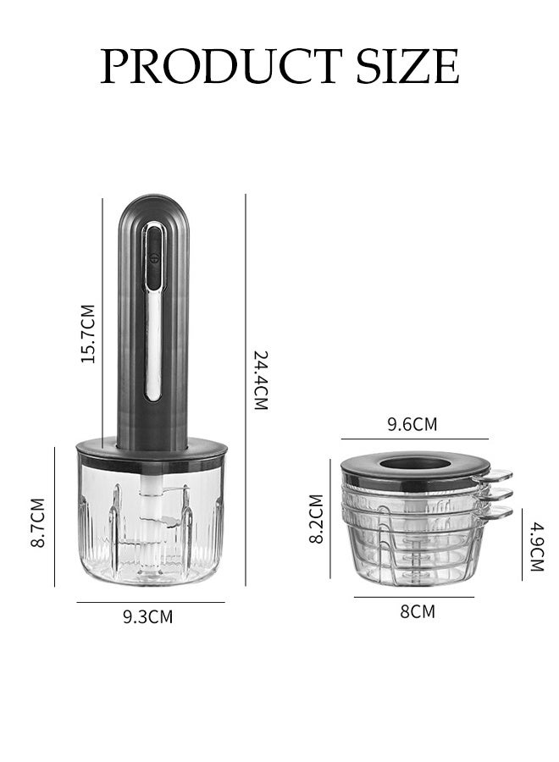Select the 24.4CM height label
tap(261, 380)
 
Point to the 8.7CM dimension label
tap(38, 522)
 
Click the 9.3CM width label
tap(148, 616)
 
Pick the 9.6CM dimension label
tap(412, 424)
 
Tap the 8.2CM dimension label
tap(317, 518)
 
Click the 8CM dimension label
tap(417, 610)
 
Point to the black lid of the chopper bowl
tap(152, 452)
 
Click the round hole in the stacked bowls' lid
tap(415, 463)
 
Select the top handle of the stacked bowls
tap(498, 477)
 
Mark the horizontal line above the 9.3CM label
tap(151, 602)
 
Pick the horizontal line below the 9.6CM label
tap(415, 439)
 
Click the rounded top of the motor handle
tap(153, 207)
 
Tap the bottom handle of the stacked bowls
tap(498, 511)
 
